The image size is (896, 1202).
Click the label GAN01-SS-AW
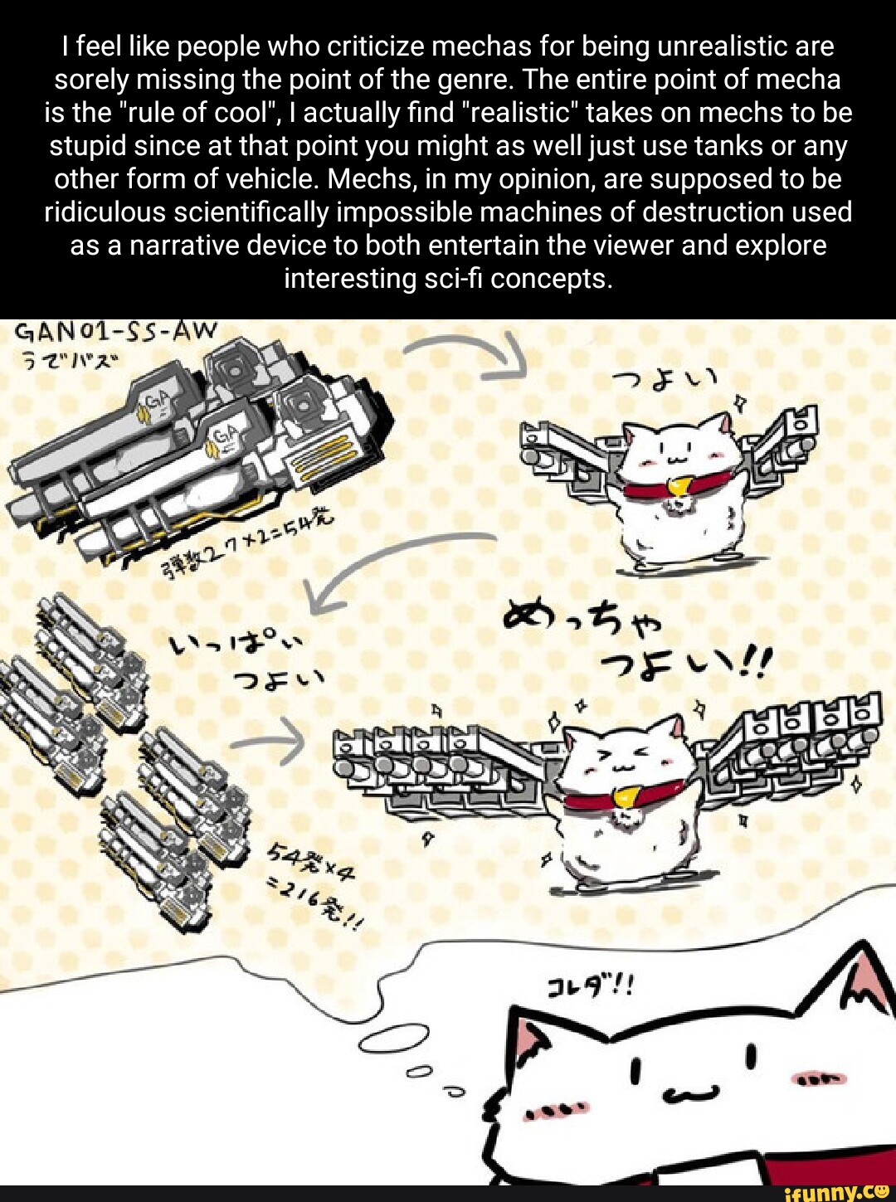(116, 333)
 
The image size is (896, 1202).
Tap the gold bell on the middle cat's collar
(624, 798)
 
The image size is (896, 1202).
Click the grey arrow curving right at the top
(473, 353)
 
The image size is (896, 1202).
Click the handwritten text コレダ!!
(590, 986)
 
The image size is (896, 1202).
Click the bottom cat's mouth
(690, 1094)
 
